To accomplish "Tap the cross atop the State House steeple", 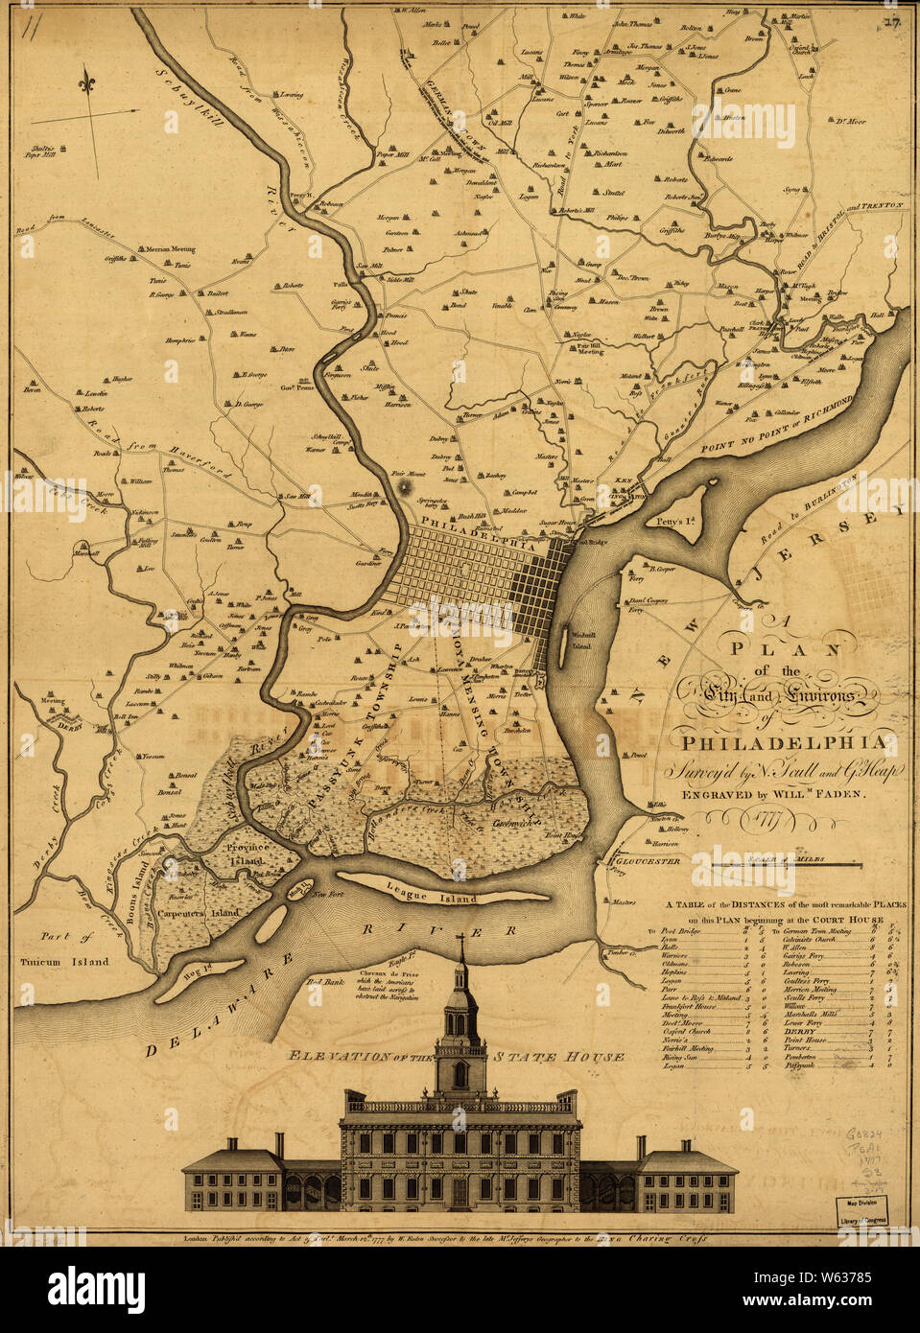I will [460, 945].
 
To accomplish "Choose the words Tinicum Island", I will [63, 960].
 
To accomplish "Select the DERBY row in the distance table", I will [801, 1031].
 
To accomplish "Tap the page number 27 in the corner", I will [891, 22].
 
